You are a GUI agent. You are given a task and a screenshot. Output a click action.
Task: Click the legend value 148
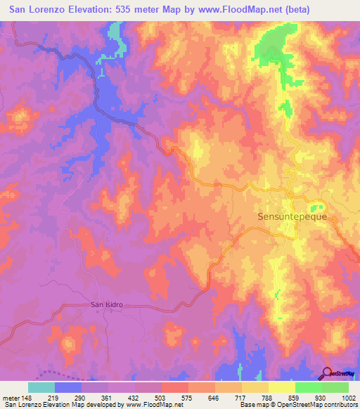tap(29, 397)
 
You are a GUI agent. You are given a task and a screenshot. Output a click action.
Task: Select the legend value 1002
tap(349, 397)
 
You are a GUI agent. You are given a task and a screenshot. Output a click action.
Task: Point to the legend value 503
tap(162, 397)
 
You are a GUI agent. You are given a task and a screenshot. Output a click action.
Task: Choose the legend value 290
tap(82, 397)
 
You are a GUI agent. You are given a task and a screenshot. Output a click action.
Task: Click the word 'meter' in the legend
tap(10, 397)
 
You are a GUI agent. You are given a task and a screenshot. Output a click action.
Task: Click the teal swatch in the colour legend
tap(41, 387)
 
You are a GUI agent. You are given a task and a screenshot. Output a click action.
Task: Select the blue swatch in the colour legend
tap(68, 387)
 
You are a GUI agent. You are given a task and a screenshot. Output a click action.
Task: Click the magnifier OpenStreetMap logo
tap(328, 373)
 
